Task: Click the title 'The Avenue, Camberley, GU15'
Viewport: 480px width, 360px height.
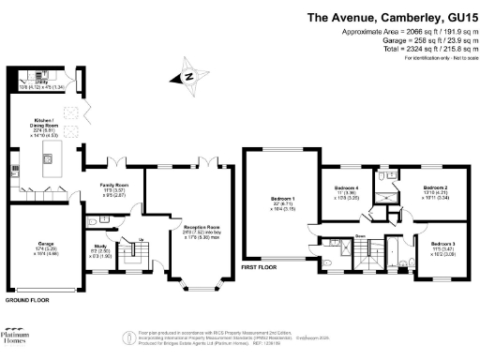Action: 388,17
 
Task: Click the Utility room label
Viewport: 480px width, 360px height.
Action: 42,84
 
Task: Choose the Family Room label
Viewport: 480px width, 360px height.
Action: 114,188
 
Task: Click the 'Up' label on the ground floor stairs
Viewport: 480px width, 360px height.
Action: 115,239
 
